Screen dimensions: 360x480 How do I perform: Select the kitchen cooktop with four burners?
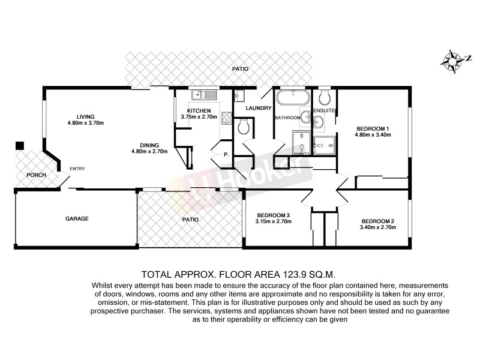(226, 118)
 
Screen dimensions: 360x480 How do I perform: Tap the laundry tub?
(239, 96)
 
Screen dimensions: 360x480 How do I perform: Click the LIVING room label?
(86, 116)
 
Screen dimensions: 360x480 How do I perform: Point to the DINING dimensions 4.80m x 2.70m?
(149, 152)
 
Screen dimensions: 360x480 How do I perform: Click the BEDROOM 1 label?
(373, 128)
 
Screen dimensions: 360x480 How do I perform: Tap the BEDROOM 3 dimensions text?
(274, 222)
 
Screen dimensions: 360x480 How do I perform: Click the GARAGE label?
(77, 219)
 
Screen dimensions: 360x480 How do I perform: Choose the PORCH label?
(28, 175)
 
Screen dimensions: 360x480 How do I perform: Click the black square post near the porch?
(20, 145)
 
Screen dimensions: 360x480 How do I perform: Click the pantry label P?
(226, 154)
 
